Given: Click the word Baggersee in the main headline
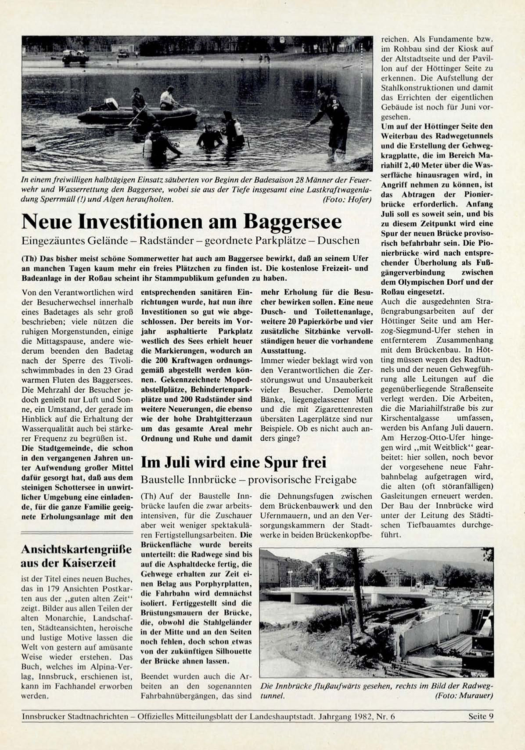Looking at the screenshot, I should [x=292, y=221].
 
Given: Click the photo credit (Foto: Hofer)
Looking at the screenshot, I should [x=347, y=199].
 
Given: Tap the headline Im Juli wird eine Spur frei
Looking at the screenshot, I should [x=233, y=462].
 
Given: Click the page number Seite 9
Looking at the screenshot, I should [x=481, y=716].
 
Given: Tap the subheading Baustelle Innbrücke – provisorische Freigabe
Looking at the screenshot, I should [x=248, y=479].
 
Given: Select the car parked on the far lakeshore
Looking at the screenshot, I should [x=76, y=57].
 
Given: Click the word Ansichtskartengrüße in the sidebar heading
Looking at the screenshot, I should [x=76, y=549].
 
